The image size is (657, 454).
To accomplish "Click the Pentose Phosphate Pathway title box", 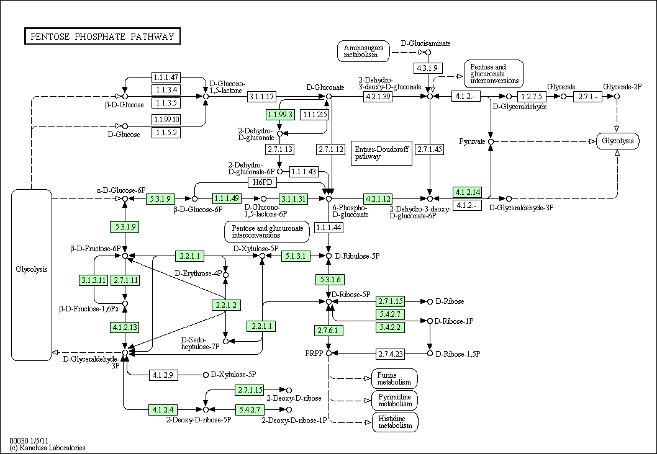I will point(102,37).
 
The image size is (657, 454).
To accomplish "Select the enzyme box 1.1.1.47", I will point(166,78).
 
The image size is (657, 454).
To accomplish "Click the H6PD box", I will point(264,182).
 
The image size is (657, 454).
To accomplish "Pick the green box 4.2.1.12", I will point(378,198).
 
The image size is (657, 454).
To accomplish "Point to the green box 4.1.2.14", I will point(468,192).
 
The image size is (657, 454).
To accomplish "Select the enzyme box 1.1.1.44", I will point(329,228).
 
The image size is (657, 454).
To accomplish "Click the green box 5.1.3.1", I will point(296,256).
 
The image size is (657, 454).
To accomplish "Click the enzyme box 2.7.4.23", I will point(391,354).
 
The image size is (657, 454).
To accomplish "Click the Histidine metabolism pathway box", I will point(395,422).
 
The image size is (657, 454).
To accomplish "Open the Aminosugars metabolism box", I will point(363,51).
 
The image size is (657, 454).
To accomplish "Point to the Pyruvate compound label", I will point(472,141).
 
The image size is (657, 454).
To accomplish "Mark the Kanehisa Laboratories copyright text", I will point(47,448).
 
